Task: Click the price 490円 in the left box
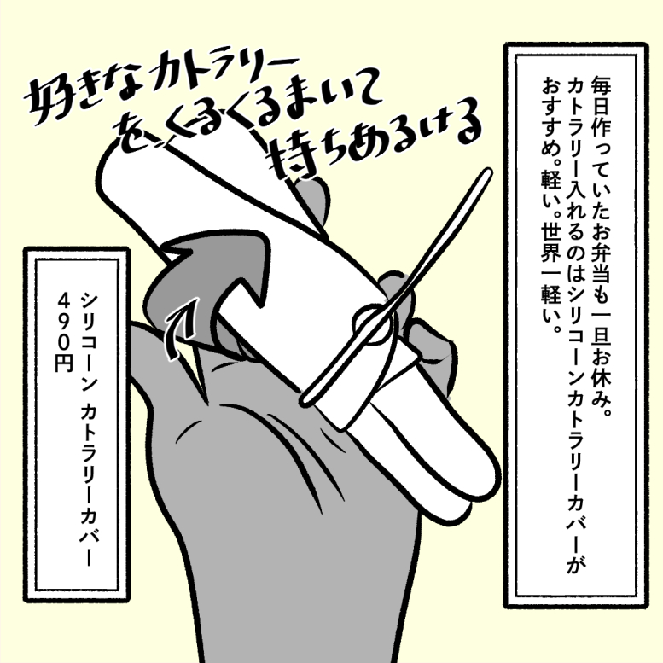[63, 333]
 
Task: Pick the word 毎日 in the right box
[601, 96]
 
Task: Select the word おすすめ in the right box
[551, 115]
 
